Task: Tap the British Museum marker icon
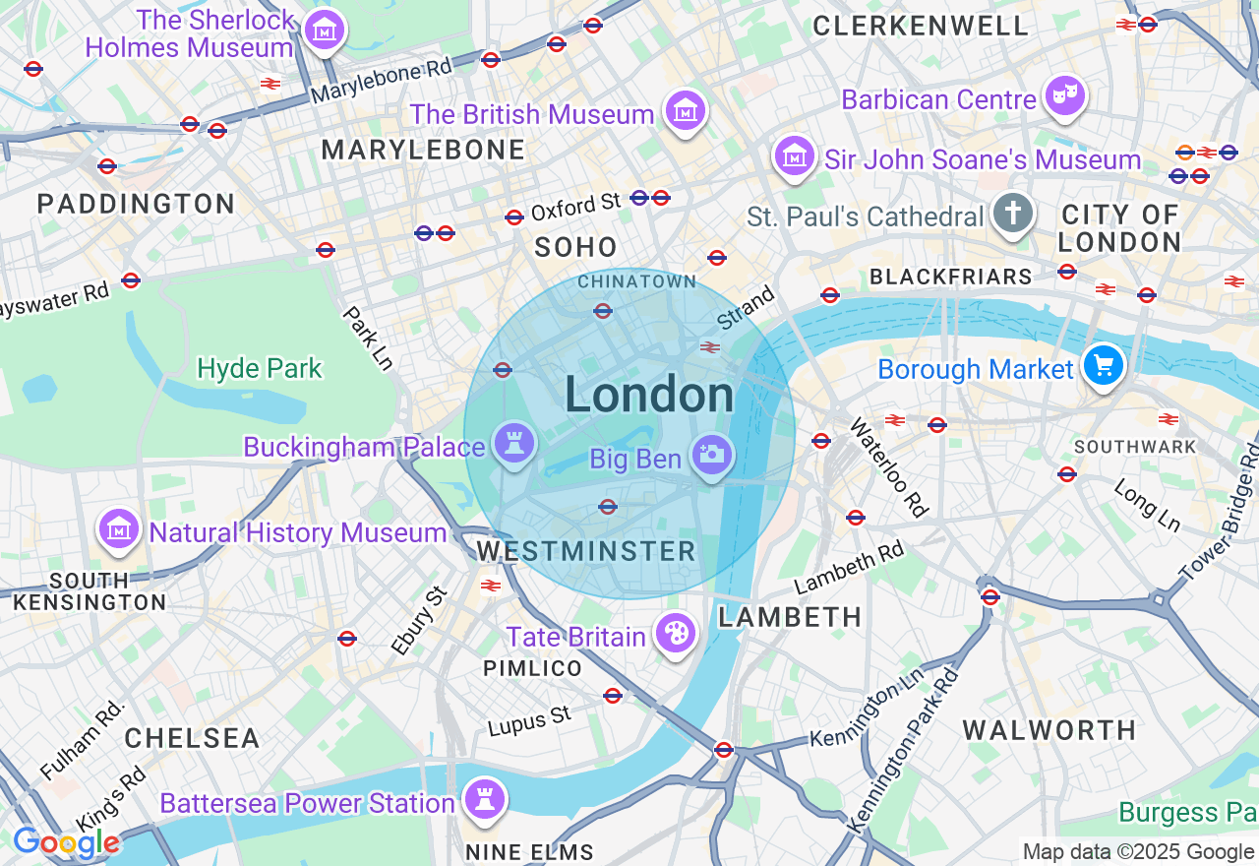coord(685,110)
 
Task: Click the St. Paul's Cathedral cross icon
coord(1012,213)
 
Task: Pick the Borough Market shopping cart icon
coord(1104,365)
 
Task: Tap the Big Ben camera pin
coord(712,455)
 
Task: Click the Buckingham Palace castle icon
coord(513,443)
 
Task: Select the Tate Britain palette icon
coord(676,633)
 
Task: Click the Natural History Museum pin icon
coord(119,528)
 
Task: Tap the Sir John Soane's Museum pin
coord(794,155)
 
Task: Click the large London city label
coord(649,396)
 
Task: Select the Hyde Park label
coord(260,369)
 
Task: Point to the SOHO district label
coord(575,247)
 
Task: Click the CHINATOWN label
coord(636,281)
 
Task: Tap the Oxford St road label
coord(575,207)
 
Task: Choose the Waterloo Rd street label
coord(889,467)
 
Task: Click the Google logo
coord(66,843)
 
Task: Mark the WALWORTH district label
coord(1049,730)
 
